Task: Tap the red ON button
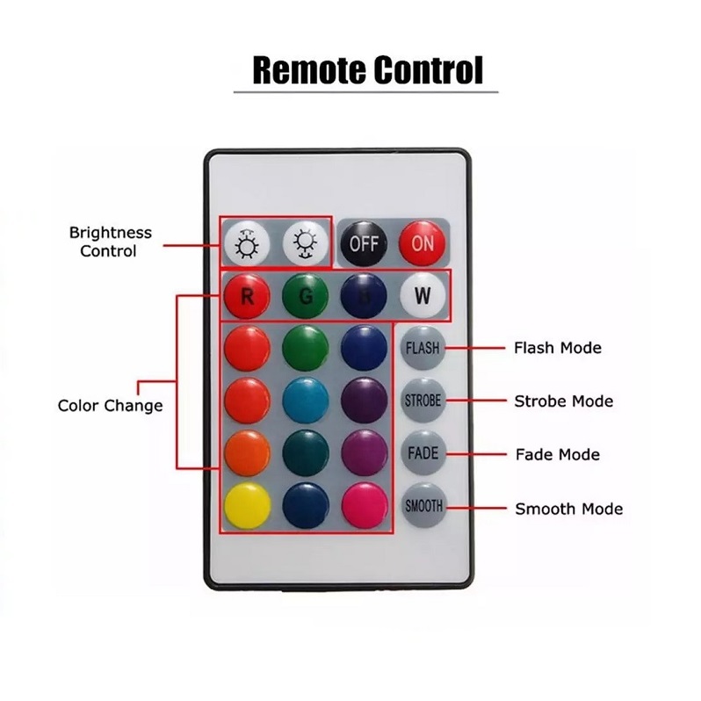point(423,242)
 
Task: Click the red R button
point(247,296)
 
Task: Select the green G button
point(305,296)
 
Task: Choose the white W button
point(423,296)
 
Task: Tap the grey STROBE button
point(423,401)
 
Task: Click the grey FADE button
point(423,454)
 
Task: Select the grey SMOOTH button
point(423,507)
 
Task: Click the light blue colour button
point(305,401)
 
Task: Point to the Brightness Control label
point(110,242)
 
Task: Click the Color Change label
point(110,406)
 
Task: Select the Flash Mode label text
point(557,348)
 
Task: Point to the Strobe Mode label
point(563,401)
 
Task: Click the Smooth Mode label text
point(568,509)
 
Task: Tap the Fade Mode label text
point(557,455)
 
